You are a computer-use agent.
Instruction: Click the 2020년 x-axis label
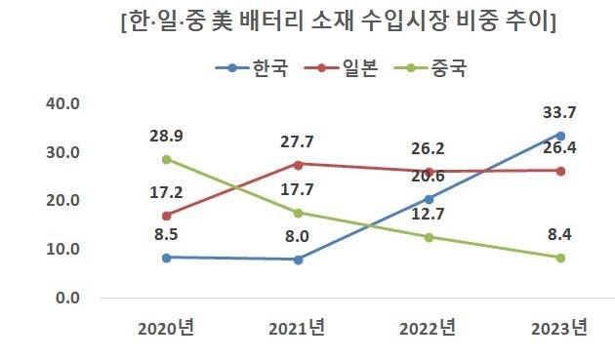[x=167, y=327]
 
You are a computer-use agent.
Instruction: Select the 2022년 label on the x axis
[x=428, y=327]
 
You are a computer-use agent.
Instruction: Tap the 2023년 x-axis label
[x=559, y=327]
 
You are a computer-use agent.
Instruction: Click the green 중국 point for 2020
[x=167, y=159]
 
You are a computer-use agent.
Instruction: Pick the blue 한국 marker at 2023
[x=559, y=136]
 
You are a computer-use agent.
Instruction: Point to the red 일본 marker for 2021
[x=298, y=164]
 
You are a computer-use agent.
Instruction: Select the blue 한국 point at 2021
[x=298, y=260]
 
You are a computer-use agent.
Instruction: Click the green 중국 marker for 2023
[x=559, y=258]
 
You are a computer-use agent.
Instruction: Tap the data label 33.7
[x=559, y=112]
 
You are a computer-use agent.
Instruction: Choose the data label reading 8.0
[x=298, y=235]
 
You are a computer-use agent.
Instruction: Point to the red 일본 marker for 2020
[x=167, y=216]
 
